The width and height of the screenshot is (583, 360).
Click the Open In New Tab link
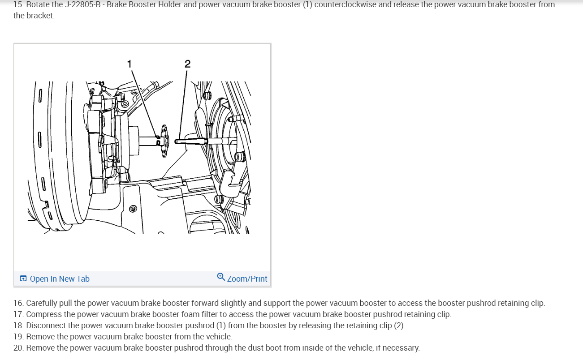tap(60, 279)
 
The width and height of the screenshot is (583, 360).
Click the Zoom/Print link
tap(247, 279)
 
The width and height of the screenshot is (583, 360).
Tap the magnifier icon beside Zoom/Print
tap(221, 277)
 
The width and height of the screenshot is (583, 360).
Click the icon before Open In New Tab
tap(23, 279)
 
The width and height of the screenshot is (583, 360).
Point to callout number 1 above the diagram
tap(130, 64)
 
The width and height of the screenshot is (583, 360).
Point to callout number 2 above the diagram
tap(187, 64)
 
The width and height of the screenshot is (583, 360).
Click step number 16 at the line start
tap(18, 303)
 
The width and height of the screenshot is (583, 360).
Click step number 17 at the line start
tap(18, 314)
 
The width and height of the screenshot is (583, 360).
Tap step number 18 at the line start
tap(18, 326)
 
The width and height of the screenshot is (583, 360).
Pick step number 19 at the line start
tap(18, 337)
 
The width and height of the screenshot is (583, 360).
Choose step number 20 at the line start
tap(18, 348)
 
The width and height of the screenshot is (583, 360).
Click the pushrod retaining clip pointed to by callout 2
tap(191, 141)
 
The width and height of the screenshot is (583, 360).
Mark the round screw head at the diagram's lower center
tap(133, 209)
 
